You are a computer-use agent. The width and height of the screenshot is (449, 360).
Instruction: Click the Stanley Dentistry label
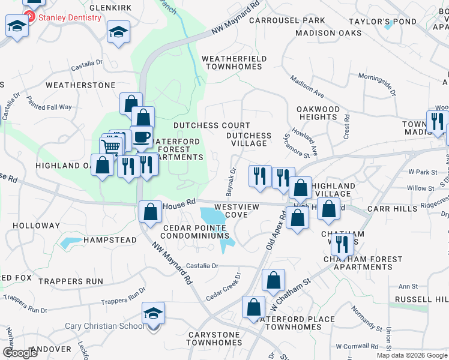(x=70, y=18)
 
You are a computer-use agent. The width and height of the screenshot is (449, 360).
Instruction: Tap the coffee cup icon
(x=142, y=137)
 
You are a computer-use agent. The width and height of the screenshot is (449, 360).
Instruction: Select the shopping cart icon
(x=110, y=147)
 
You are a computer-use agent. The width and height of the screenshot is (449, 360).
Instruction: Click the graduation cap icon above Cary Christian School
(x=153, y=313)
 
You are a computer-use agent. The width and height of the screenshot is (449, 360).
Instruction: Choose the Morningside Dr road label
(x=377, y=85)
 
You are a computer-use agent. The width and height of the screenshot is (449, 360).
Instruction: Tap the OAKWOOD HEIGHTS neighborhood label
(x=318, y=113)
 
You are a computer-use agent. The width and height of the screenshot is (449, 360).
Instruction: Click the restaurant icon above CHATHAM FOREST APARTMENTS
(x=342, y=245)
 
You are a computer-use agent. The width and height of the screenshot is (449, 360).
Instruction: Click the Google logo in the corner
(x=20, y=352)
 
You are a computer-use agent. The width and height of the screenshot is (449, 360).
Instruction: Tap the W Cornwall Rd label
(x=359, y=347)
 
